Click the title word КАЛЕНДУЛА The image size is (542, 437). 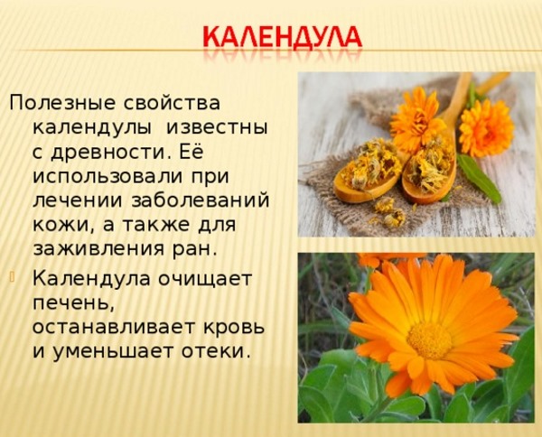pyautogui.click(x=283, y=39)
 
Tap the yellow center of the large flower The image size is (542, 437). pyautogui.click(x=429, y=339)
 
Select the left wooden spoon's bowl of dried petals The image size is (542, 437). pyautogui.click(x=368, y=167)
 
